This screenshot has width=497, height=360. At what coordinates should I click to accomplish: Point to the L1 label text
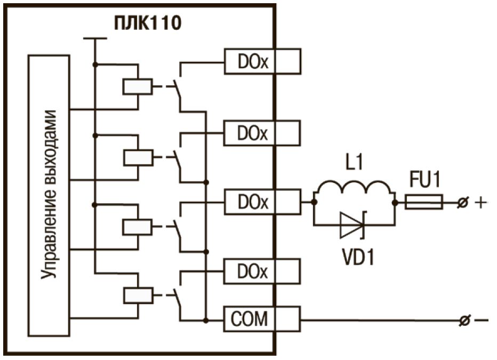click(x=353, y=163)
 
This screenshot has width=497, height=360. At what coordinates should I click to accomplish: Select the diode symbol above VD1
click(x=352, y=224)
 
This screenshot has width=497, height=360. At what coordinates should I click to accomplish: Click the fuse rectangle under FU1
click(x=424, y=202)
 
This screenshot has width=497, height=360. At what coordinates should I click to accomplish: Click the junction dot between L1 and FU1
click(x=395, y=203)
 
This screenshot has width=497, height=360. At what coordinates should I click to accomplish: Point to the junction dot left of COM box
click(x=206, y=320)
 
